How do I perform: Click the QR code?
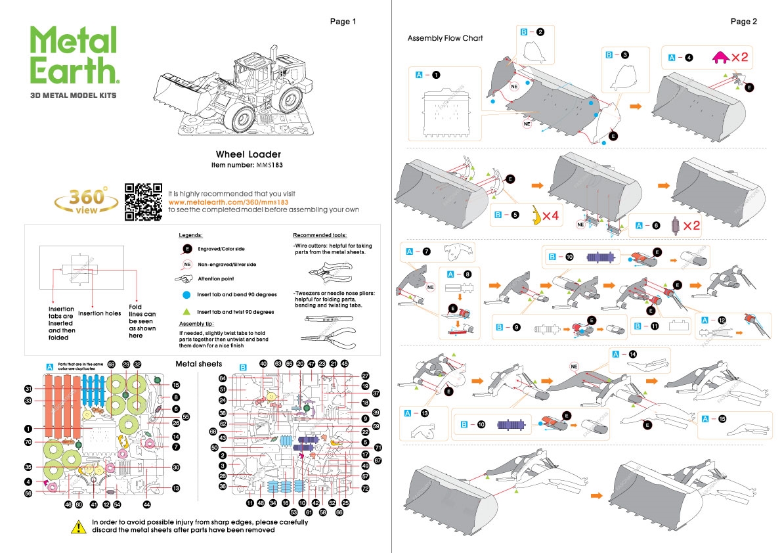(143, 202)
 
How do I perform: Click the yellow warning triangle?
(79, 526)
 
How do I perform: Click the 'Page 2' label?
(743, 21)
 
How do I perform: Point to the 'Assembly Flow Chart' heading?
(445, 38)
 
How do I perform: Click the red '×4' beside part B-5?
(550, 215)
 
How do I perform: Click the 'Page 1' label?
(343, 21)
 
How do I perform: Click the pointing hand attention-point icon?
(187, 279)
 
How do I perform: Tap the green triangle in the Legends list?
(187, 311)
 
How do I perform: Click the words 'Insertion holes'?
(99, 313)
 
